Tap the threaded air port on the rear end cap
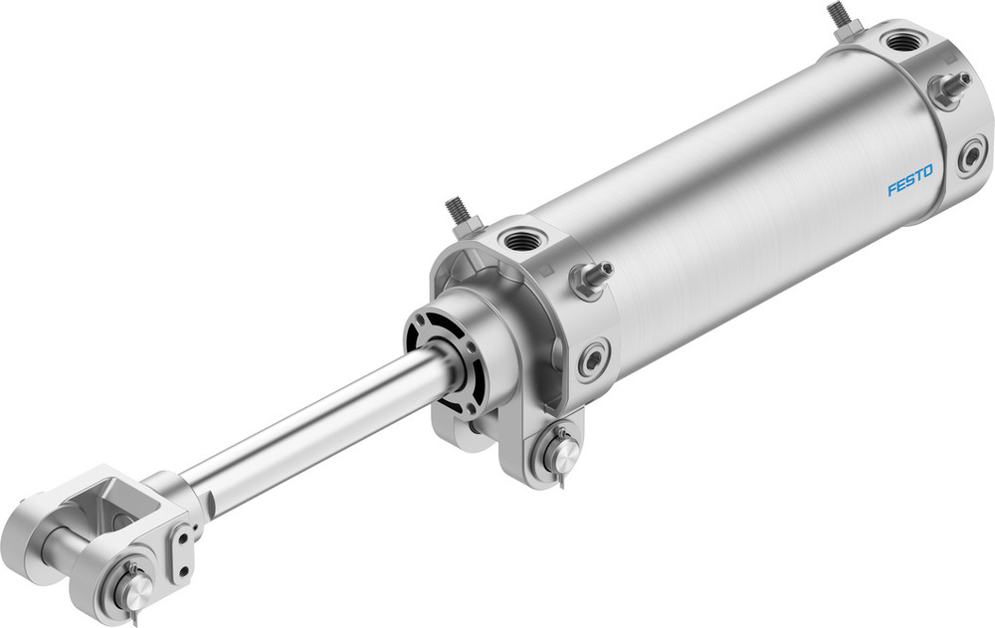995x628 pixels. point(904,43)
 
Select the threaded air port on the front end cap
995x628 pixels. point(519,240)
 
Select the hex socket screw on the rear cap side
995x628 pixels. point(970,157)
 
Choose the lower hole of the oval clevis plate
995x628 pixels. point(182,570)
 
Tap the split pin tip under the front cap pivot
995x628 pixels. point(563,487)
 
